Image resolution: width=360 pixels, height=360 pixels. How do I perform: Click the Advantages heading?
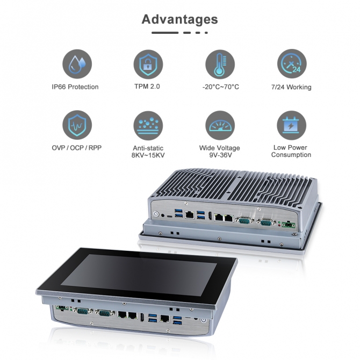179,19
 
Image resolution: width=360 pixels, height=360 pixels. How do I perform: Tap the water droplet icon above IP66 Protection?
77,64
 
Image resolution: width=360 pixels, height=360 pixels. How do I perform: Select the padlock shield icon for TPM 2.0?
148,64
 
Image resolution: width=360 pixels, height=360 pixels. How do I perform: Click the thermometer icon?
220,64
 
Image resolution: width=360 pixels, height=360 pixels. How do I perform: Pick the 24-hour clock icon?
292,63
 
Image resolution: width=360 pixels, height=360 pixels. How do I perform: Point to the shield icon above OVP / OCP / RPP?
77,125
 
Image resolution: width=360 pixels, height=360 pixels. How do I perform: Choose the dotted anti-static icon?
148,125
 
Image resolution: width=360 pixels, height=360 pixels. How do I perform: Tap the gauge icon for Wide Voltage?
220,125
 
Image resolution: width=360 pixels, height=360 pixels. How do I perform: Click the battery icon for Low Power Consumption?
292,125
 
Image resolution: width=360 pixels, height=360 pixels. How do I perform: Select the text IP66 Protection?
75,87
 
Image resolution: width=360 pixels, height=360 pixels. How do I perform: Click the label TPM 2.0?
147,87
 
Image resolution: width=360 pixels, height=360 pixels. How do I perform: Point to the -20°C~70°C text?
221,87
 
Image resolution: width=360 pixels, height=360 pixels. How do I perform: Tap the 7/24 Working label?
291,87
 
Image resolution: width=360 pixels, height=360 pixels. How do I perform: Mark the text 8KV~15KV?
148,155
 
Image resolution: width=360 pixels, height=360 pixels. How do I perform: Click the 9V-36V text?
220,155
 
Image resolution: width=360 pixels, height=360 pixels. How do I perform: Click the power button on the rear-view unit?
156,214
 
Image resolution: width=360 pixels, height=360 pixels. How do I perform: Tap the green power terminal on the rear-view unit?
289,225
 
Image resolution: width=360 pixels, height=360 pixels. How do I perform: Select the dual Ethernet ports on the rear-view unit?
224,218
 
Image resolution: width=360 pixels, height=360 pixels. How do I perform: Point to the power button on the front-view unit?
203,320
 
